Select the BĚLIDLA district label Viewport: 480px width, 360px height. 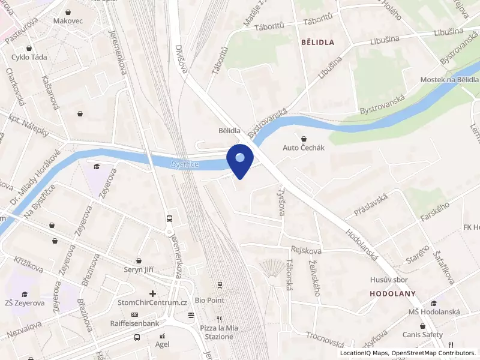317,42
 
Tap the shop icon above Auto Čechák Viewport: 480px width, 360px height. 304,138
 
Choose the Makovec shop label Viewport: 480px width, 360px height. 68,20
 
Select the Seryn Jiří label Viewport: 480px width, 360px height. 139,270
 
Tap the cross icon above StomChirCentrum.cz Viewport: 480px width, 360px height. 153,293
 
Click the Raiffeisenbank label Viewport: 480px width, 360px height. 134,323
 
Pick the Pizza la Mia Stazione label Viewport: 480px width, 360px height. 217,332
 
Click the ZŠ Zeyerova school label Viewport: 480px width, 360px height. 25,303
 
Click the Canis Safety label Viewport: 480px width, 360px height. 423,334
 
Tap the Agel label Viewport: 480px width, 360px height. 162,344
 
